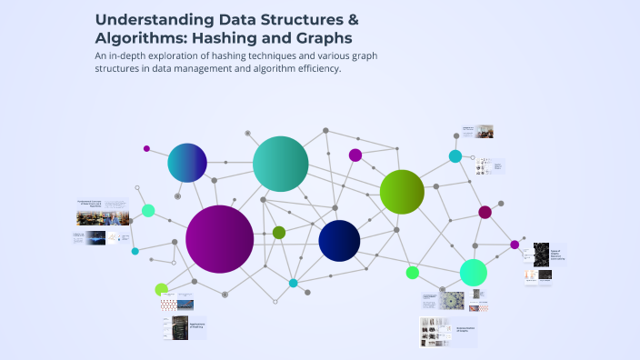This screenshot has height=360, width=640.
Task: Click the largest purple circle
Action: click(219, 239)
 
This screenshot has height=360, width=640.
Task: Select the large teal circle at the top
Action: click(281, 164)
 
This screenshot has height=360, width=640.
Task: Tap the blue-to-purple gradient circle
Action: click(187, 164)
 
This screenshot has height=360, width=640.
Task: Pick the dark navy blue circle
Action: click(339, 240)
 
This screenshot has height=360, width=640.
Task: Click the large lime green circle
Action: click(402, 191)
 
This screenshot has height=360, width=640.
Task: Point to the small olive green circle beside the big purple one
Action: click(279, 233)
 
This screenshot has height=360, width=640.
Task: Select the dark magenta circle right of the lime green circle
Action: click(485, 212)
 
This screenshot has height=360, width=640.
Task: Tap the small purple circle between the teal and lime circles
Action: click(355, 155)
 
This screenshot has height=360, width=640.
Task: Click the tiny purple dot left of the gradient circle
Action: click(146, 148)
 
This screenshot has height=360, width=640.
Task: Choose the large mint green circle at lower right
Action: click(473, 272)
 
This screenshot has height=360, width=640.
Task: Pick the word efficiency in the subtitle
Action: click(311, 70)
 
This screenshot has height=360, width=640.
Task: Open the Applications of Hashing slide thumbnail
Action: click(185, 328)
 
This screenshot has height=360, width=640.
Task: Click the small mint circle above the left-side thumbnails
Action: click(148, 210)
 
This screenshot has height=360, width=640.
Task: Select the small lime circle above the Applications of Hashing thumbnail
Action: click(162, 289)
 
